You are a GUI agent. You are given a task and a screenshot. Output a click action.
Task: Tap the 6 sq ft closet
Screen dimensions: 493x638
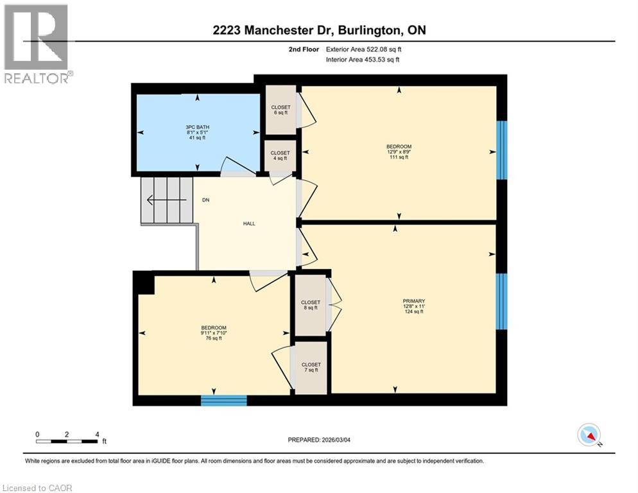click(x=280, y=110)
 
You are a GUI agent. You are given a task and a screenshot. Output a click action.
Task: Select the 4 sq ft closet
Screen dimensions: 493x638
click(x=280, y=155)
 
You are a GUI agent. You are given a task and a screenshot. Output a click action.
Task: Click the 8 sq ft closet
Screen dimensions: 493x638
click(x=310, y=305)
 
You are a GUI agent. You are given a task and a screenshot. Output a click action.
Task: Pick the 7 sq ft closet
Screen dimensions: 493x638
click(x=311, y=367)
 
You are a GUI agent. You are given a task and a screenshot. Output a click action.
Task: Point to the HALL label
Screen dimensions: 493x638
click(x=249, y=223)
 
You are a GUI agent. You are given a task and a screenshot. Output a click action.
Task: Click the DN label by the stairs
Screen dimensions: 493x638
click(x=206, y=200)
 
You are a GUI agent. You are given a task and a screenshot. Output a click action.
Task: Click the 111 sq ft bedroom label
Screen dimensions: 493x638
click(x=399, y=152)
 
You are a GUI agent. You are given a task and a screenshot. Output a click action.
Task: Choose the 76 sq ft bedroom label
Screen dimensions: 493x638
click(x=213, y=333)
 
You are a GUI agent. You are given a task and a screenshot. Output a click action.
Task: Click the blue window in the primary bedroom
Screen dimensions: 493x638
click(x=502, y=302)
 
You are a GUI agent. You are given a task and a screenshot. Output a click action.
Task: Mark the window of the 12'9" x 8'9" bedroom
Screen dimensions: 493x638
click(x=502, y=150)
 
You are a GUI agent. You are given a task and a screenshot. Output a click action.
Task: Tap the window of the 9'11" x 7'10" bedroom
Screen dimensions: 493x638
click(x=223, y=401)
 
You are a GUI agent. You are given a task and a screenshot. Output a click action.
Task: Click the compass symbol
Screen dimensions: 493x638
click(x=589, y=435)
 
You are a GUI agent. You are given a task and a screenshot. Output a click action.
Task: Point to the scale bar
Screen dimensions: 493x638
click(x=67, y=441)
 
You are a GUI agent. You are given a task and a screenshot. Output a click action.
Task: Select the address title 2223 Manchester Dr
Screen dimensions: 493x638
click(x=319, y=30)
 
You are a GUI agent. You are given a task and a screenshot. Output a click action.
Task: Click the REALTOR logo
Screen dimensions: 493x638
click(x=37, y=44)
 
